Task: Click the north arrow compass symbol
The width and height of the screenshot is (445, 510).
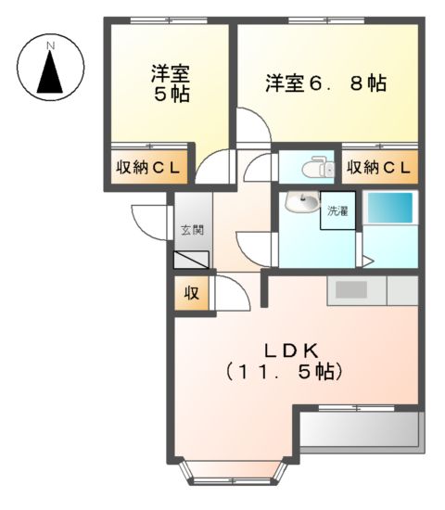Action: [52, 70]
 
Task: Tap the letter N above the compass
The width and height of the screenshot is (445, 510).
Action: [52, 45]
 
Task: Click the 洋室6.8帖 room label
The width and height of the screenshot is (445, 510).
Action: [325, 83]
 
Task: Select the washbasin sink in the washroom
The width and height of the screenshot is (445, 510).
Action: [299, 202]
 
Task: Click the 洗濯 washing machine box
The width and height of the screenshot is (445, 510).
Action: [336, 211]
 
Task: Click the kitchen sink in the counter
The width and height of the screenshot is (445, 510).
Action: [352, 290]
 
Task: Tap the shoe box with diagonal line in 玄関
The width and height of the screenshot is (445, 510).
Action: [192, 259]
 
